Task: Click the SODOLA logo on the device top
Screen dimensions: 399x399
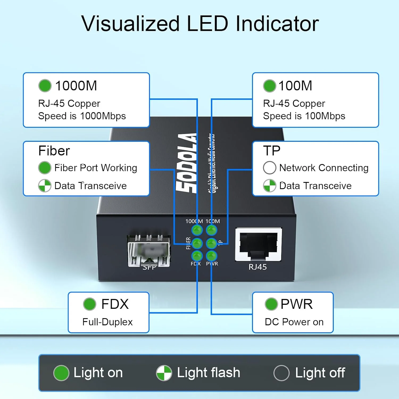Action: point(187,163)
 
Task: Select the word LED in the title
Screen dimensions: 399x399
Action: point(207,24)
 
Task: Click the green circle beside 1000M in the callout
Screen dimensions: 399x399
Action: point(45,86)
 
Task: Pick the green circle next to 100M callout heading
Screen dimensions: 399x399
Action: point(269,86)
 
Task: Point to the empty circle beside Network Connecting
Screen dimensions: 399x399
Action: point(269,168)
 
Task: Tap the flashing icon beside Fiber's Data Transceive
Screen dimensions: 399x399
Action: point(45,186)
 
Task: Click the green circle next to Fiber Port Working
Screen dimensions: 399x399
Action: point(45,168)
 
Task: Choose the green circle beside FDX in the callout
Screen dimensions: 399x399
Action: point(89,304)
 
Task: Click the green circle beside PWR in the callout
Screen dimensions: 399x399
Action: point(271,304)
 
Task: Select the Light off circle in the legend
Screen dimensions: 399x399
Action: point(281,373)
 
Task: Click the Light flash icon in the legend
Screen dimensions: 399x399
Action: point(164,373)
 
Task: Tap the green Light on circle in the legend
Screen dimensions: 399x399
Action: point(61,373)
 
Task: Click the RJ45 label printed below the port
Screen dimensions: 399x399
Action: point(257,267)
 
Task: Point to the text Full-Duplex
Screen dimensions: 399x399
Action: point(107,322)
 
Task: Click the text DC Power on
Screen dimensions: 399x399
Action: point(294,322)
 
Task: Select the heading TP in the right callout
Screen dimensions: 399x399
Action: point(272,151)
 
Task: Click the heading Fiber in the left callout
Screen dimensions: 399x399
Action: point(54,151)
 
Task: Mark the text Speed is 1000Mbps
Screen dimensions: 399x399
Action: point(82,116)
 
